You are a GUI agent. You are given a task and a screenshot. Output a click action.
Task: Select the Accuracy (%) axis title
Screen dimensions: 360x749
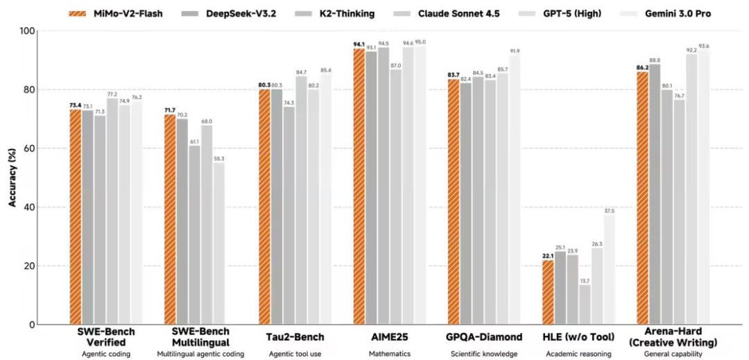coord(12,177)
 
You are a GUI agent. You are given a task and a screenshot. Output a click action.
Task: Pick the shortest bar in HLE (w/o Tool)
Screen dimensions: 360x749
coord(585,305)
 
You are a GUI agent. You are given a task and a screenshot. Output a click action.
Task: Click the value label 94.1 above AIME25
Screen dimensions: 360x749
coord(359,44)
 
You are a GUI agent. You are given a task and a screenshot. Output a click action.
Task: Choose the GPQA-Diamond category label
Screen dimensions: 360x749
coord(484,337)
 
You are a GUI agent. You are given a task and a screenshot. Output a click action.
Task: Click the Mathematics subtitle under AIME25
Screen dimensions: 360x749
coord(389,354)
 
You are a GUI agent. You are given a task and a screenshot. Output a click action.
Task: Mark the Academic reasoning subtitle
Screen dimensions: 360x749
coord(579,354)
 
